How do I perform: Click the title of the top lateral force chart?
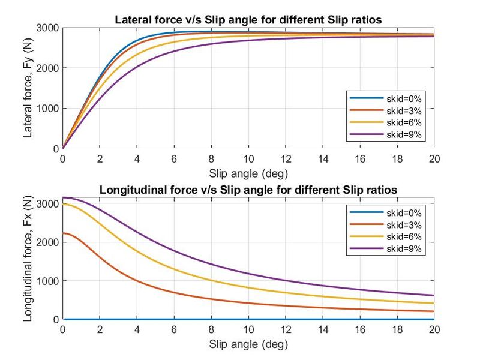(x=248, y=20)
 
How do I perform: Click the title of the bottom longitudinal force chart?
(x=248, y=190)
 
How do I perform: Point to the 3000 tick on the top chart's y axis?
(x=49, y=28)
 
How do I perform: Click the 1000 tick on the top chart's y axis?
(x=49, y=108)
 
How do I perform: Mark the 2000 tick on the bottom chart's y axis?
(x=49, y=242)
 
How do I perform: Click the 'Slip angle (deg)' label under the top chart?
(x=248, y=173)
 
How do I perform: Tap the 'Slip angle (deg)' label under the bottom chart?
(x=248, y=344)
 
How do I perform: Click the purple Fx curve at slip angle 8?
(x=211, y=264)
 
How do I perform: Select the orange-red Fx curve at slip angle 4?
(x=137, y=280)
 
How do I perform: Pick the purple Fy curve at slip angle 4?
(x=137, y=67)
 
